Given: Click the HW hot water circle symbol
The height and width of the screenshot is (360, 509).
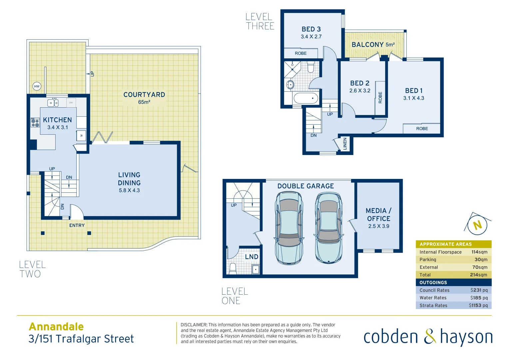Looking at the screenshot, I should point(37,86).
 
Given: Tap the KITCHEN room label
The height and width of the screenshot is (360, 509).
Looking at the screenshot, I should point(57,120).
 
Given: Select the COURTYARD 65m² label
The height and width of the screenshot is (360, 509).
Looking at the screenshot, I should point(144,98).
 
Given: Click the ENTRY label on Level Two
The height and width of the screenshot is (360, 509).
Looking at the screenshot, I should point(77,226).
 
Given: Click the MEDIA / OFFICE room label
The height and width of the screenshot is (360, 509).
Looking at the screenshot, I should point(379,215).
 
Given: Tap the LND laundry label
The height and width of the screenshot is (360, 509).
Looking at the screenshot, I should point(252,257).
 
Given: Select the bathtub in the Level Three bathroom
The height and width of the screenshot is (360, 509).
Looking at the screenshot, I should point(305,98).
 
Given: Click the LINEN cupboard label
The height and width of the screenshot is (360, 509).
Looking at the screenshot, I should point(345,144).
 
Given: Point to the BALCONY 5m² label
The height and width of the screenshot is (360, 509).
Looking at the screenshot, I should point(373,45).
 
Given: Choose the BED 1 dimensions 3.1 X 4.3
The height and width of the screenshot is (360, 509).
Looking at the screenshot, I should point(414,98).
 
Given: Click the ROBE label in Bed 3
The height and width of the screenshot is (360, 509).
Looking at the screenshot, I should point(300,53).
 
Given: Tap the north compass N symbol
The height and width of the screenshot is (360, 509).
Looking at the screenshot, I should point(477,225).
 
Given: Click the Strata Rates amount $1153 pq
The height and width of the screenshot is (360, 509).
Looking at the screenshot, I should point(478,306).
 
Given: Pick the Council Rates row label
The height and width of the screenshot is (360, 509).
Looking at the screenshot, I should point(434,290).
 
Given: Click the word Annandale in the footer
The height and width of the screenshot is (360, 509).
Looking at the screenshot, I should point(56,327).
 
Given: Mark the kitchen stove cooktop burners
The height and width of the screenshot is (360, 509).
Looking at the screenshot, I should point(35,123).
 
